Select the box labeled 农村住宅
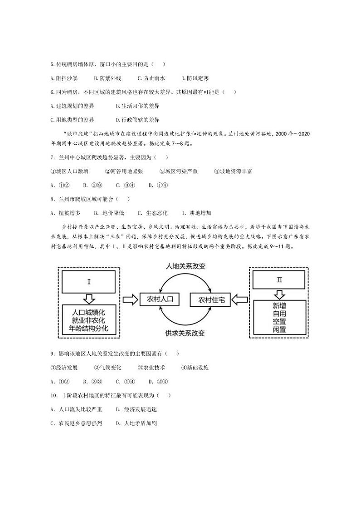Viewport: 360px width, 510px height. (211, 299)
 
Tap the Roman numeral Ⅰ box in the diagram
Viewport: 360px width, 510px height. (89, 281)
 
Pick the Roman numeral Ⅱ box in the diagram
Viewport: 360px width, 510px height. (279, 280)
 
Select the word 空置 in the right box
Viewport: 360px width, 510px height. (279, 321)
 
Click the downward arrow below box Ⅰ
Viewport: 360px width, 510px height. (89, 299)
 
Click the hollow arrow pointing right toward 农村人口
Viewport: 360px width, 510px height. (130, 299)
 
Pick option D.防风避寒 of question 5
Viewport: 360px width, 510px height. (195, 78)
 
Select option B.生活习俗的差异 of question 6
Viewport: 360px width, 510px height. (137, 106)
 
